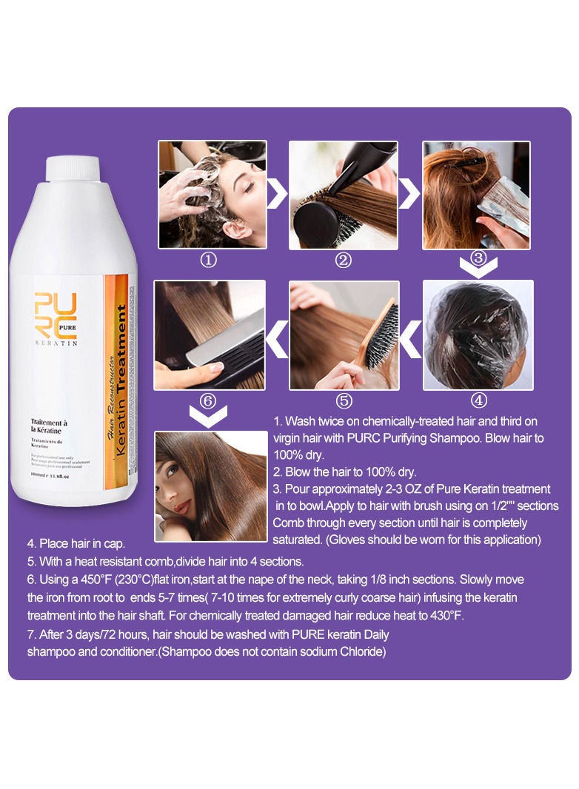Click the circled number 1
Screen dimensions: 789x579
(x=210, y=261)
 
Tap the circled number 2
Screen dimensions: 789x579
(x=343, y=261)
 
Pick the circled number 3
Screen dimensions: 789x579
(x=478, y=258)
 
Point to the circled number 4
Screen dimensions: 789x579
(x=478, y=400)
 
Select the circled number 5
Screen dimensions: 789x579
(x=344, y=400)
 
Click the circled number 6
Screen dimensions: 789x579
(x=208, y=400)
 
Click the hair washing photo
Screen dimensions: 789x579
(x=212, y=195)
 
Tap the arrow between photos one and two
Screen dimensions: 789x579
(x=277, y=195)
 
